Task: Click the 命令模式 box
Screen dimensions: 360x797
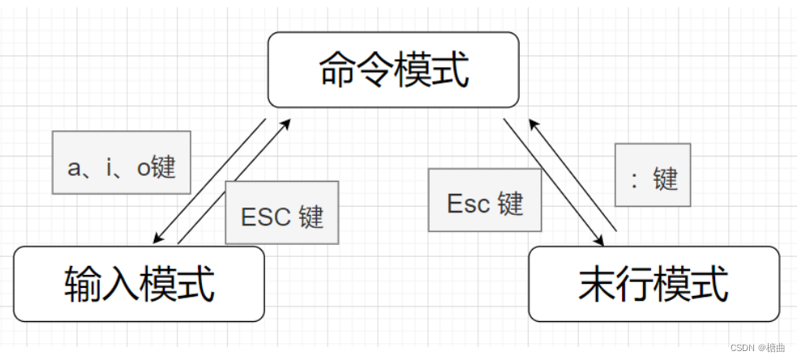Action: [393, 70]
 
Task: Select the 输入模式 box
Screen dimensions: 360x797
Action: [139, 284]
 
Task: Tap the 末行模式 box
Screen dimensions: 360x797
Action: [653, 284]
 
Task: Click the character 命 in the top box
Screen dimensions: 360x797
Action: [338, 71]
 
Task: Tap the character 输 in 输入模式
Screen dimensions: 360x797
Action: [83, 285]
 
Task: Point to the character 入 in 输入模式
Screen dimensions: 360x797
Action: [121, 285]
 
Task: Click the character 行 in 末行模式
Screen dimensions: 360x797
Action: [635, 285]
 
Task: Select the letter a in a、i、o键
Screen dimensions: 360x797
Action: [75, 168]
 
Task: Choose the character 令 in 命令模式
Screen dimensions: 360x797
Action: [375, 71]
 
